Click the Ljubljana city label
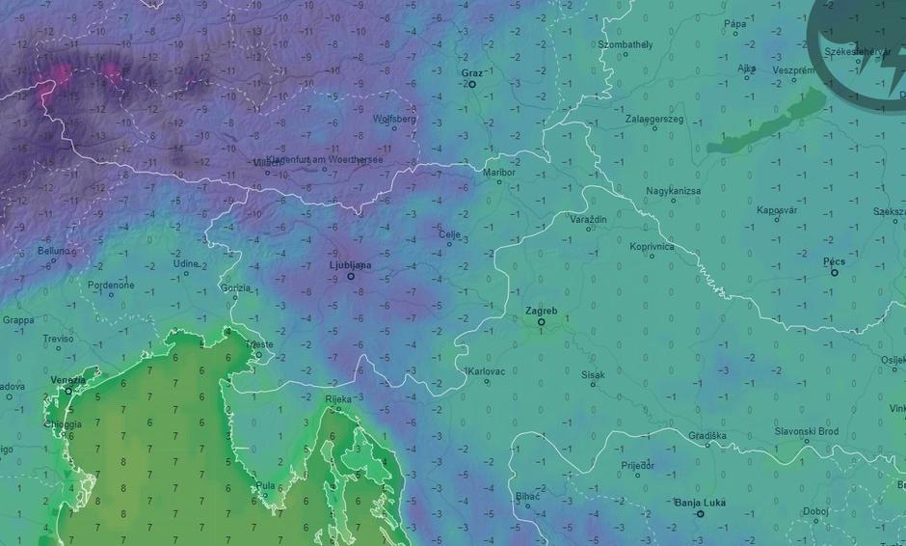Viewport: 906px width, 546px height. click(350, 264)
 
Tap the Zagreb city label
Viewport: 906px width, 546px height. click(541, 311)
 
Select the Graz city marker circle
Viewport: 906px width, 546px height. click(472, 85)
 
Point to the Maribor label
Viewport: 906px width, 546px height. click(499, 172)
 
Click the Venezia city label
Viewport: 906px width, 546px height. click(68, 380)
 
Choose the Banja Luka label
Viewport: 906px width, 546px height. click(700, 503)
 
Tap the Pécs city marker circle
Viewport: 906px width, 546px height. click(835, 273)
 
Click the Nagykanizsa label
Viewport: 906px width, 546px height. click(674, 191)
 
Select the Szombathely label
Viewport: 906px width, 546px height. click(626, 44)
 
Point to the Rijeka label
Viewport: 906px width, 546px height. click(338, 398)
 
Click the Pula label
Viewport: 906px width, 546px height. click(266, 485)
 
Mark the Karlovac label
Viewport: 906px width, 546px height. click(487, 371)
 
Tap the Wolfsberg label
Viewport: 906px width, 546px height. click(394, 119)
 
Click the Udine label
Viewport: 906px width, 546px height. click(186, 263)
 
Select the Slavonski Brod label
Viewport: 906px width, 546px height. click(807, 431)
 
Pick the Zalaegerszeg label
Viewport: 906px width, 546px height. click(654, 119)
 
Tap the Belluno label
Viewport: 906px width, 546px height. click(54, 251)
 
